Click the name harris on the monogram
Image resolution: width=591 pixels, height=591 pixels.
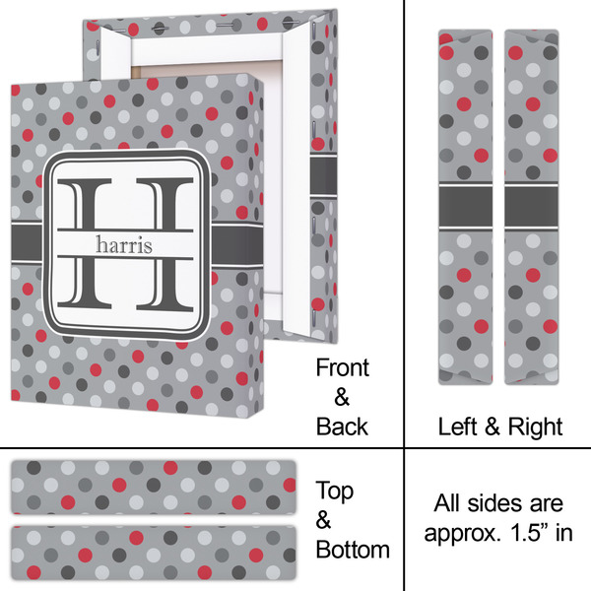click(124, 244)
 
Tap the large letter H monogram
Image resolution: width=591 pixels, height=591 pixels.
click(125, 244)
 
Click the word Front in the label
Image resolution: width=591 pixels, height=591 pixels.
click(342, 367)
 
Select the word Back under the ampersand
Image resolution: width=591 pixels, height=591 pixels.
click(342, 427)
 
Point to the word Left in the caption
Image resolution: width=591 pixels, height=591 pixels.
click(458, 427)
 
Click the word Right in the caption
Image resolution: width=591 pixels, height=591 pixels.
click(536, 427)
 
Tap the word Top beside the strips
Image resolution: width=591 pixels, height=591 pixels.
click(335, 492)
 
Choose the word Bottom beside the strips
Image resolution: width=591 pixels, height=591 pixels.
click(353, 550)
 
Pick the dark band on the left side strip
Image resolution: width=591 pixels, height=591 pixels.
click(466, 207)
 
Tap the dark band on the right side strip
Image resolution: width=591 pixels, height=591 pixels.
click(532, 207)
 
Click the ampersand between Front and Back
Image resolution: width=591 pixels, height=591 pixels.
click(342, 397)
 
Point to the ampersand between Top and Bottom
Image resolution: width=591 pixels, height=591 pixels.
click(323, 520)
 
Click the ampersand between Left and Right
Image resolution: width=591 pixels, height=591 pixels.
click(492, 427)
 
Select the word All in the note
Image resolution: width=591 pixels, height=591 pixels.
click(447, 502)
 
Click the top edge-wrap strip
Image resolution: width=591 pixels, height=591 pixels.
click(154, 487)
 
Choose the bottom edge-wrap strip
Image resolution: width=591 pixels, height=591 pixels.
click(154, 554)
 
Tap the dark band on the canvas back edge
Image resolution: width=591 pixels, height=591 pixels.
click(323, 175)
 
